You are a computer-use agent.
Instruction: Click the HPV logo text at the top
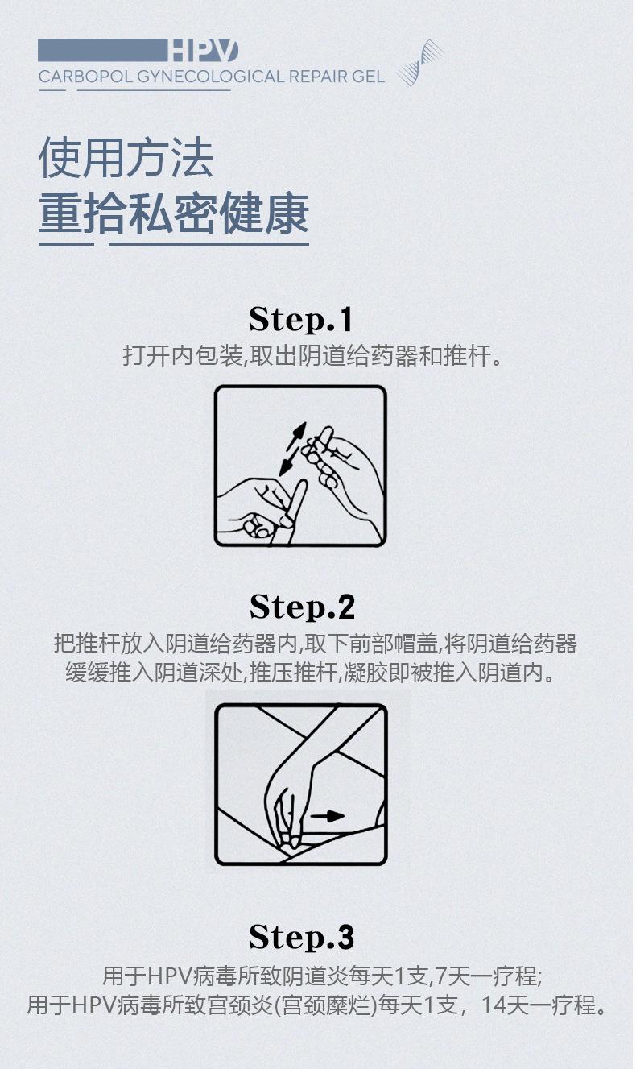coord(203,51)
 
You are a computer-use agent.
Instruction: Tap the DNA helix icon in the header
coord(420,63)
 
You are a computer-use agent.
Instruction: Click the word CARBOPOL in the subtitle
coord(85,77)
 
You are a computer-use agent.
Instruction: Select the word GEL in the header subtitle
coord(369,77)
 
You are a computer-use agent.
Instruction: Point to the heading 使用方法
coord(126,157)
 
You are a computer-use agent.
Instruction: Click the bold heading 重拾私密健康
coord(174,213)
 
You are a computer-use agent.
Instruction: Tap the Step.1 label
coord(301,319)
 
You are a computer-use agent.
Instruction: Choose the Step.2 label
coord(302,607)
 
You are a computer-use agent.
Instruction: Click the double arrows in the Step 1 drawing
coord(293,449)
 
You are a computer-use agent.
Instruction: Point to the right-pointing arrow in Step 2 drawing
coord(327,815)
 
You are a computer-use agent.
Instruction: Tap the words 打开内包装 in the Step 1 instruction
coord(183,355)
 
